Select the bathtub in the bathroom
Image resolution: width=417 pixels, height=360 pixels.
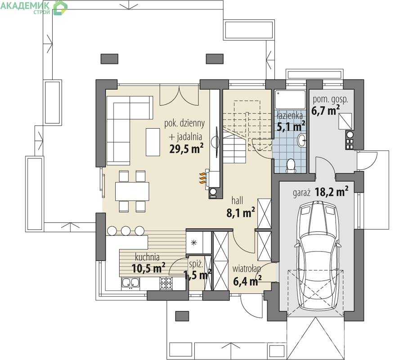[x=290, y=100]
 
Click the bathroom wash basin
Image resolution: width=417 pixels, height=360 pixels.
[x=302, y=140]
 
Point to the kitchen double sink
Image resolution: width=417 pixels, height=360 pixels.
[x=130, y=283]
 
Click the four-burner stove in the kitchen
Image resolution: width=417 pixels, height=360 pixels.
[x=166, y=283]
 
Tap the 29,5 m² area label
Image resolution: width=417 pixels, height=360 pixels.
[x=186, y=148]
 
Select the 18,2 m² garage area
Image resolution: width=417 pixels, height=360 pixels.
[x=332, y=191]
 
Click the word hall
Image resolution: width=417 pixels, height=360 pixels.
[x=237, y=200]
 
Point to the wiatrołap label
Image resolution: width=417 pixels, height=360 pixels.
[x=247, y=269]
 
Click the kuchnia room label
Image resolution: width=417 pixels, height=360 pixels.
[x=147, y=257]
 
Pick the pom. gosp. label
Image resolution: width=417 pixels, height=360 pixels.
[x=330, y=99]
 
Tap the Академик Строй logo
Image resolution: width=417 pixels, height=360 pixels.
[x=34, y=8]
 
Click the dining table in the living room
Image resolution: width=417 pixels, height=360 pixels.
[x=132, y=191]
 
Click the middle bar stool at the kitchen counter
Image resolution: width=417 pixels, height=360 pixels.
[x=126, y=231]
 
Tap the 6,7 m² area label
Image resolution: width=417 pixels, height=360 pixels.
[x=326, y=110]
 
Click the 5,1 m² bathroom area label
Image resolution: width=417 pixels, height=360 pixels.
[x=291, y=126]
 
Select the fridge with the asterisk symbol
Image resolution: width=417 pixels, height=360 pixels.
[x=194, y=243]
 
